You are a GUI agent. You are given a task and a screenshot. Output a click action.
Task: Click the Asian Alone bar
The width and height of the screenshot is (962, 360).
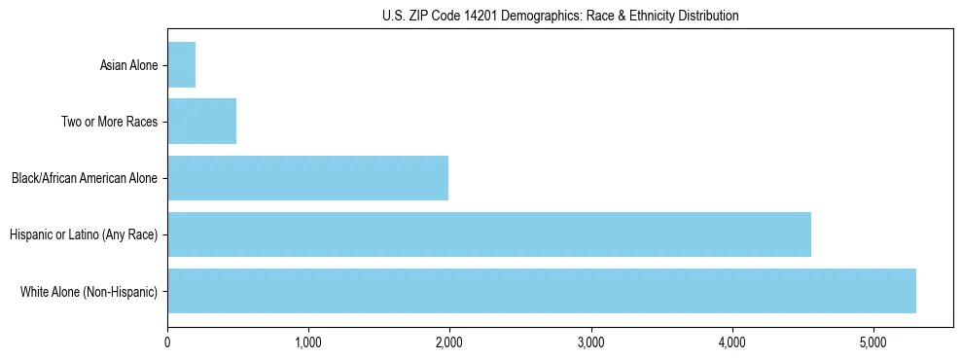click(182, 65)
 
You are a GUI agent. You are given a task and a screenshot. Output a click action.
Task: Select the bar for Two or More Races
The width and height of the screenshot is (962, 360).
click(202, 122)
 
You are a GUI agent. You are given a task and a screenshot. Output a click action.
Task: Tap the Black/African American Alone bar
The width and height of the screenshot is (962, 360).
click(308, 178)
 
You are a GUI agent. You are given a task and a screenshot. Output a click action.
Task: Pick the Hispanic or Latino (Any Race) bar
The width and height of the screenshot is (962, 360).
click(489, 234)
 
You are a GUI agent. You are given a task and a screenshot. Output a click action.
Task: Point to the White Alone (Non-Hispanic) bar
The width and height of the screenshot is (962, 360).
click(542, 291)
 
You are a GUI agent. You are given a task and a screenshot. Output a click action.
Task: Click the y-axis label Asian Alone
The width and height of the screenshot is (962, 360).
click(128, 66)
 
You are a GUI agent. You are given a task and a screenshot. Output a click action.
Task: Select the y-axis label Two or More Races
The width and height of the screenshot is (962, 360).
click(109, 123)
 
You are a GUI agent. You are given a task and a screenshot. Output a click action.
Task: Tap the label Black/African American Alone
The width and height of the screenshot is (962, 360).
click(85, 179)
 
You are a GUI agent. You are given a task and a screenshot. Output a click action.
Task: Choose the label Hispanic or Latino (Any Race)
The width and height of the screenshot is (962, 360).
click(84, 235)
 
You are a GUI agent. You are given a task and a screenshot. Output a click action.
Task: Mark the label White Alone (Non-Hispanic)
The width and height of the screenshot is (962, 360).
click(89, 292)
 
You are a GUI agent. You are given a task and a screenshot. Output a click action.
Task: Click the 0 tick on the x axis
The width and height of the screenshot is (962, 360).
click(167, 342)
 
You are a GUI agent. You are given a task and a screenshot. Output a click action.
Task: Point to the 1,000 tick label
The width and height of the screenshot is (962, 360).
click(308, 342)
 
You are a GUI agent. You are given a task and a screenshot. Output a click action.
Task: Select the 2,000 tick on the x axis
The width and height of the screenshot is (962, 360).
click(449, 342)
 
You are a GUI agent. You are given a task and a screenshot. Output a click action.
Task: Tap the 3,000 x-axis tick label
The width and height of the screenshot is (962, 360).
click(590, 342)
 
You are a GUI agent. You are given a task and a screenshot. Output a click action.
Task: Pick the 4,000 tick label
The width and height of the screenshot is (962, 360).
click(731, 342)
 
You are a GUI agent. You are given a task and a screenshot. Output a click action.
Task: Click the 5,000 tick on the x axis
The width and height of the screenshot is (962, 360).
click(873, 342)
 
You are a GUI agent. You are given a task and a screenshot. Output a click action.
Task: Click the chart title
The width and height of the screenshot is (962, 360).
click(560, 16)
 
